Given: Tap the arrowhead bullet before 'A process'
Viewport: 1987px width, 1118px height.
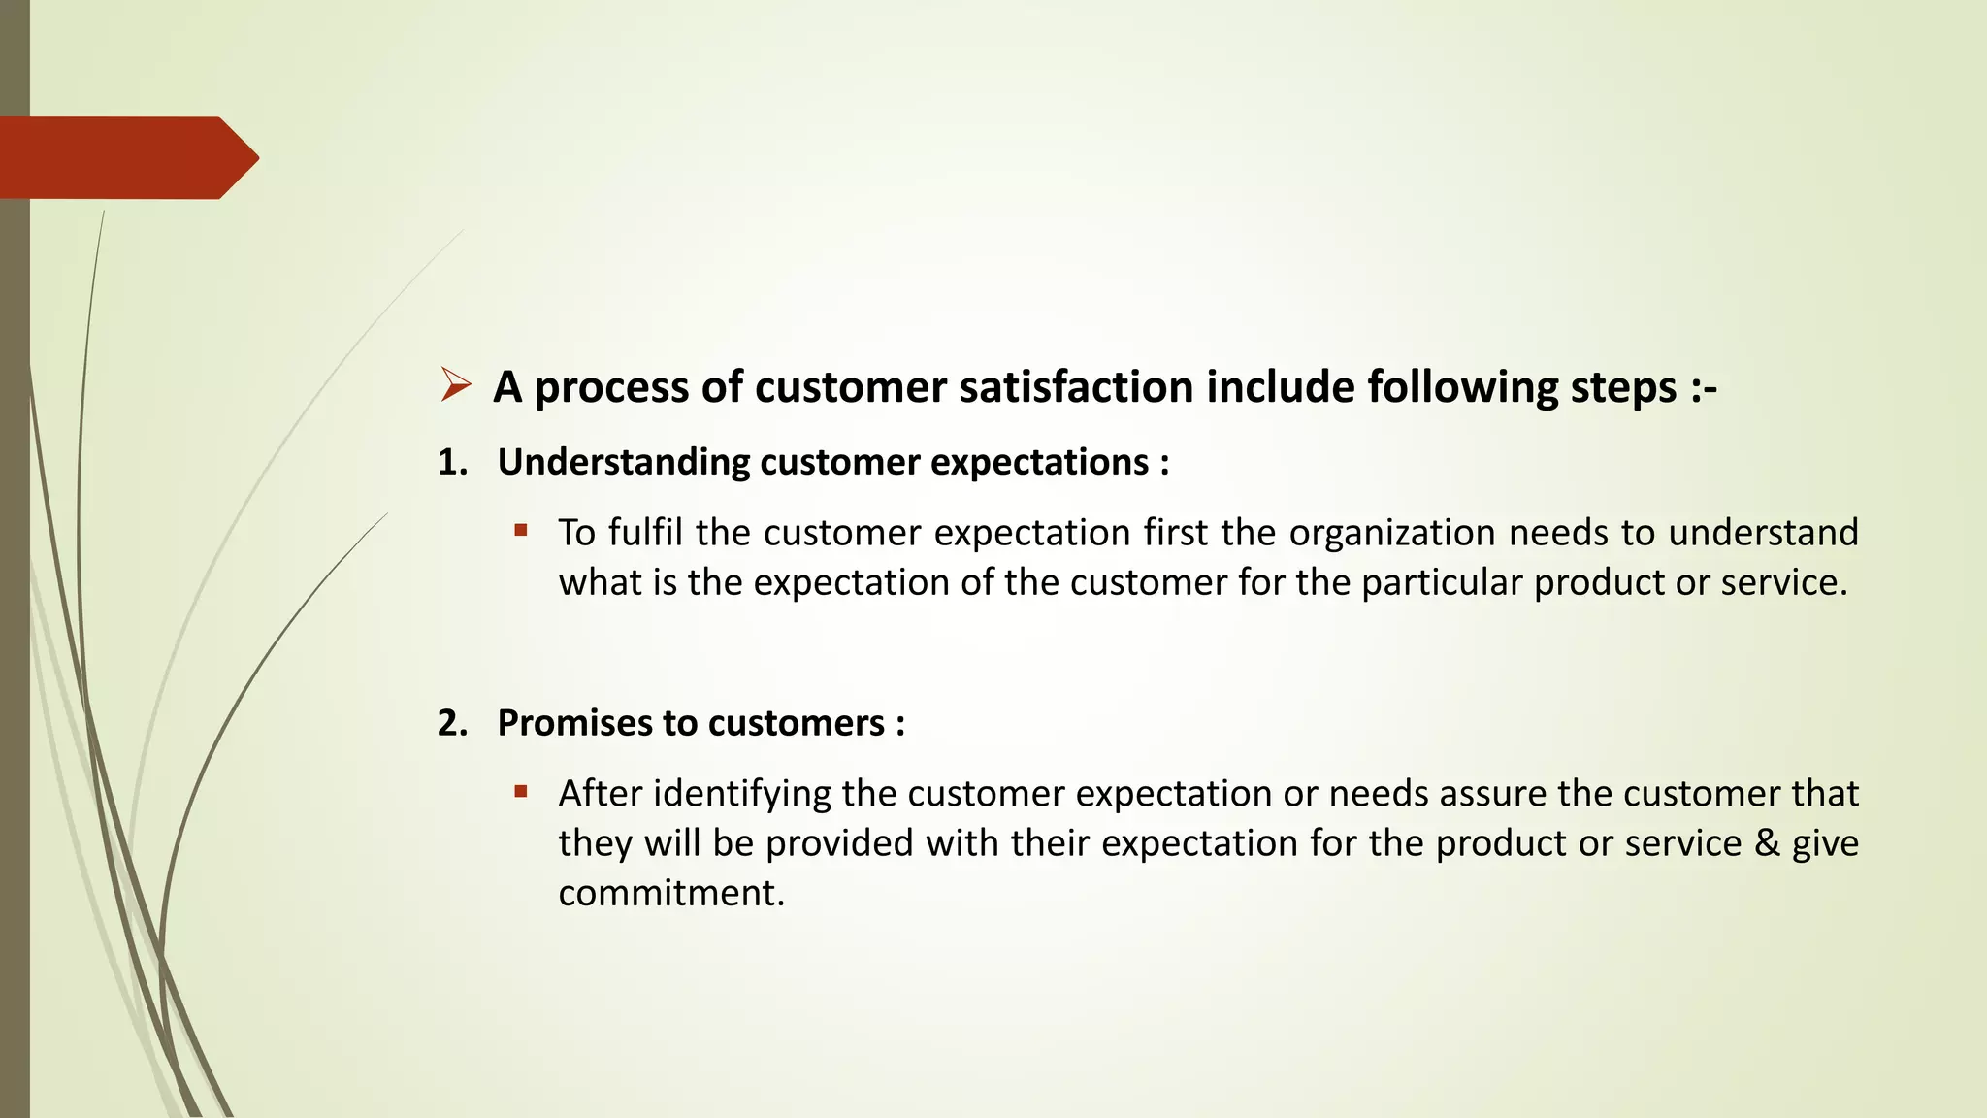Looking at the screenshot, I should pos(455,385).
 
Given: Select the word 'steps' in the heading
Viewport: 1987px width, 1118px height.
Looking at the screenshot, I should pos(1623,387).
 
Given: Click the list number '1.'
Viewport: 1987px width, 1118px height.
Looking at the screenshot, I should pos(452,462).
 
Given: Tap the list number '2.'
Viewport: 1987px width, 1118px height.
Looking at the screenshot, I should pos(452,723).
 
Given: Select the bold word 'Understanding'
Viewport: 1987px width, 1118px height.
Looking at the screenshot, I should pos(623,462).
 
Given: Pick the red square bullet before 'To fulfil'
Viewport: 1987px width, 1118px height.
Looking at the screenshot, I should pos(521,530).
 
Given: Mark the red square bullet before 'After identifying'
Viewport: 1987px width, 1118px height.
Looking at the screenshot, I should pos(521,791).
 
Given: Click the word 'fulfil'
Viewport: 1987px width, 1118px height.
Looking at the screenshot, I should pos(645,532).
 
